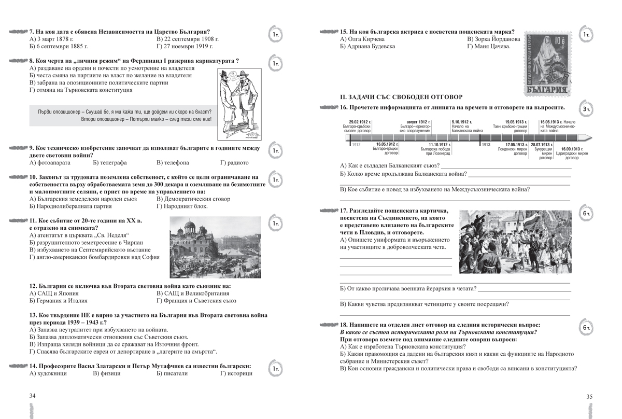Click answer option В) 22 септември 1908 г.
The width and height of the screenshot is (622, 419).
tap(187, 39)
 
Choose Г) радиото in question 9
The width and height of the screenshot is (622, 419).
tap(234, 162)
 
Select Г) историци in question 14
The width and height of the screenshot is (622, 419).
tap(236, 373)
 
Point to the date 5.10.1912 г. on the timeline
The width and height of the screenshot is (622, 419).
tap(462, 121)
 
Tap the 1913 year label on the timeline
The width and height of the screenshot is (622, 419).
tap(486, 145)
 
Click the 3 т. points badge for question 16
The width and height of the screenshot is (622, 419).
tap(586, 109)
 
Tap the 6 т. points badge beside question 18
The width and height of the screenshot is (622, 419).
tap(586, 328)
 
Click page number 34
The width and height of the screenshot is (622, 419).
tap(33, 396)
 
